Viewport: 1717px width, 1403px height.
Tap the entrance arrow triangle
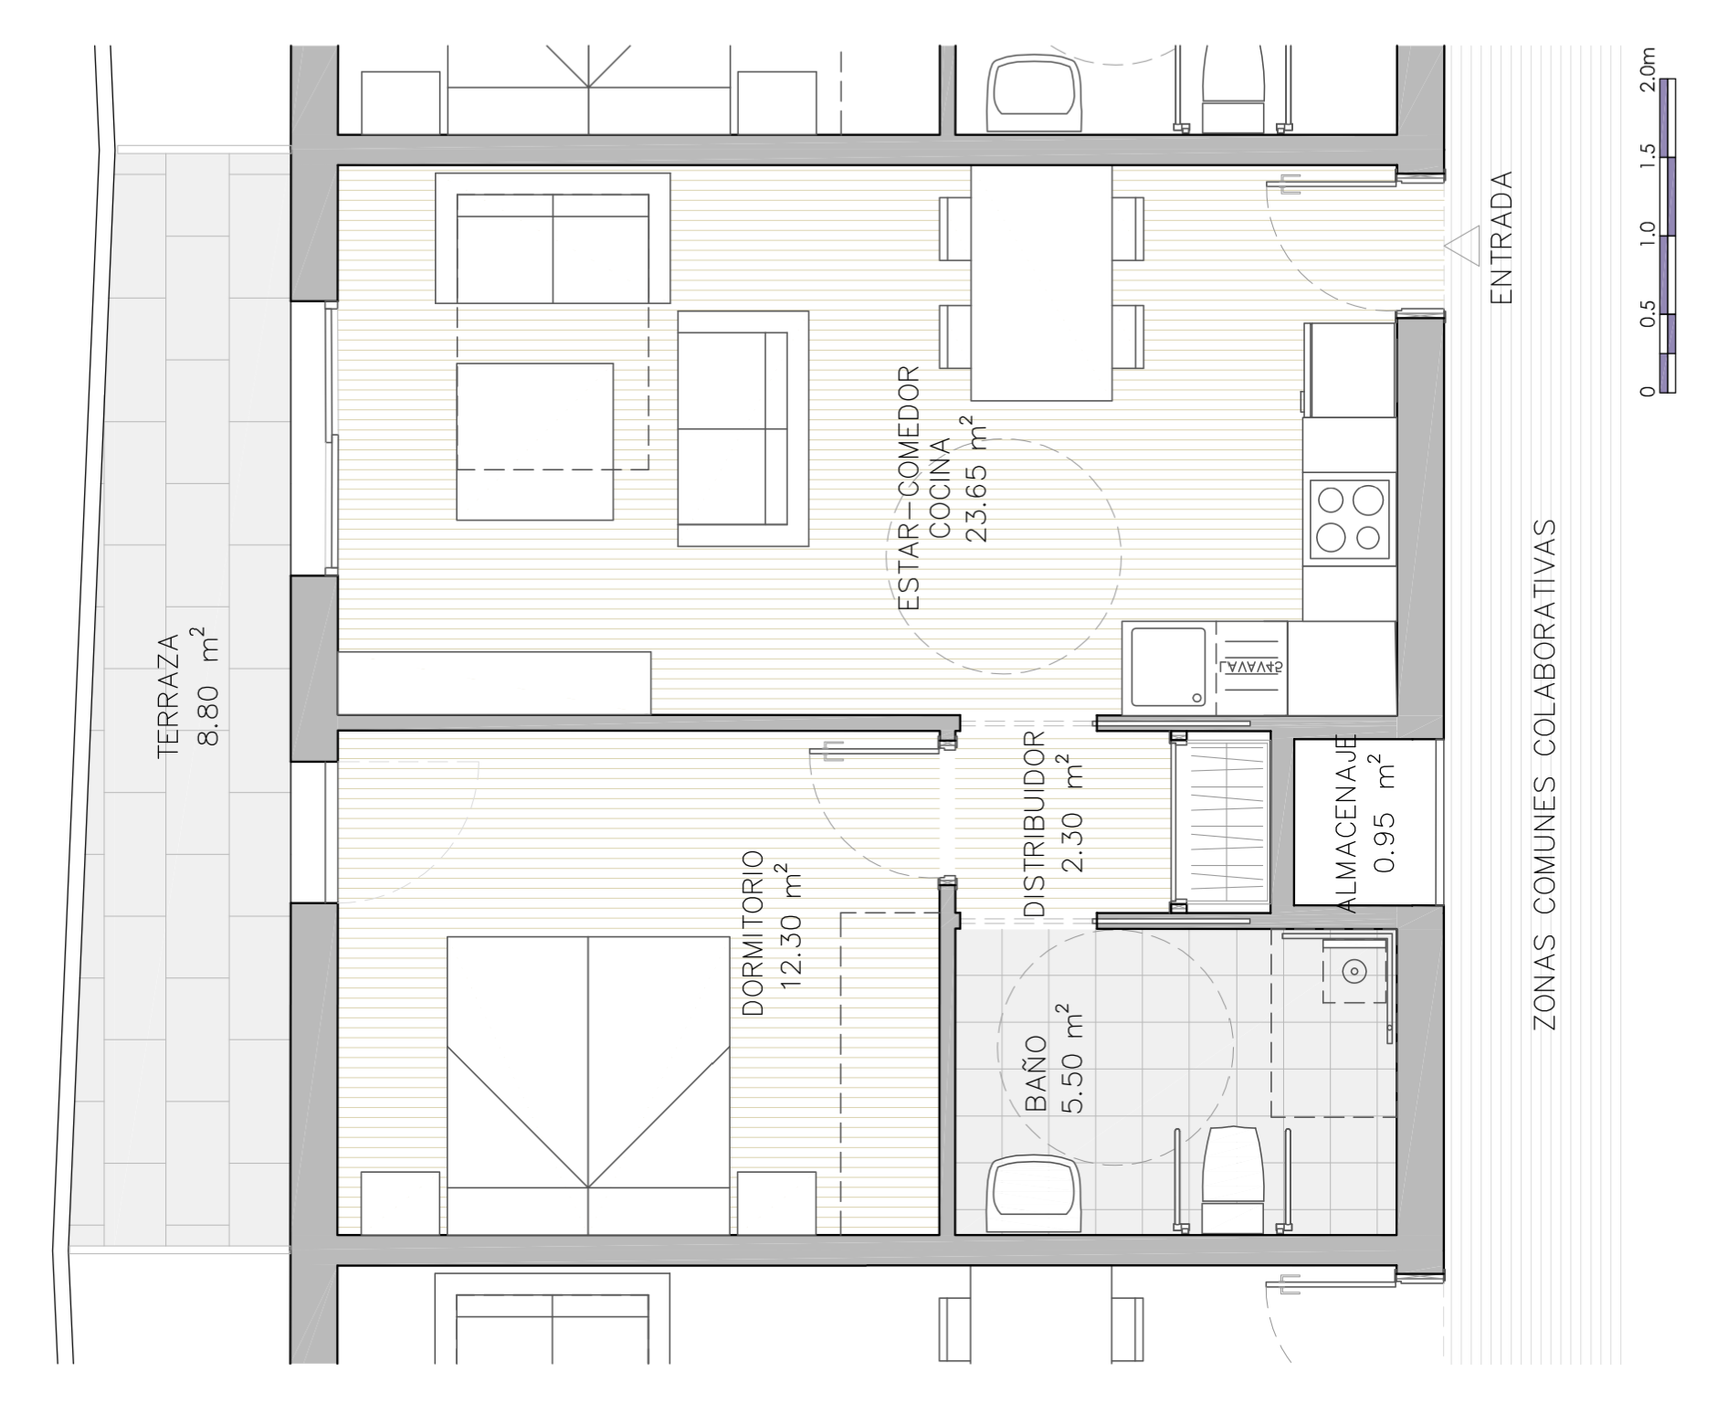click(x=1462, y=247)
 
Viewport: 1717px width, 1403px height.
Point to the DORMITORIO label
click(x=753, y=933)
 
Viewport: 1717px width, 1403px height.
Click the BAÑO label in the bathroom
click(x=1035, y=1073)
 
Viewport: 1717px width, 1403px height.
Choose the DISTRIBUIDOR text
click(x=1033, y=823)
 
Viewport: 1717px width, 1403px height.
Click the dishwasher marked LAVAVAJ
click(x=1250, y=668)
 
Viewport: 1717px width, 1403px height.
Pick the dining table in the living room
click(x=1041, y=283)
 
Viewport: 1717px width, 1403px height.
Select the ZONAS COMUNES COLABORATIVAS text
click(x=1543, y=775)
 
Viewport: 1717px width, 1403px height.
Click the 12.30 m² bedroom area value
click(x=791, y=933)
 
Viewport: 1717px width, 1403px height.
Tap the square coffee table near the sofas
click(x=534, y=442)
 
